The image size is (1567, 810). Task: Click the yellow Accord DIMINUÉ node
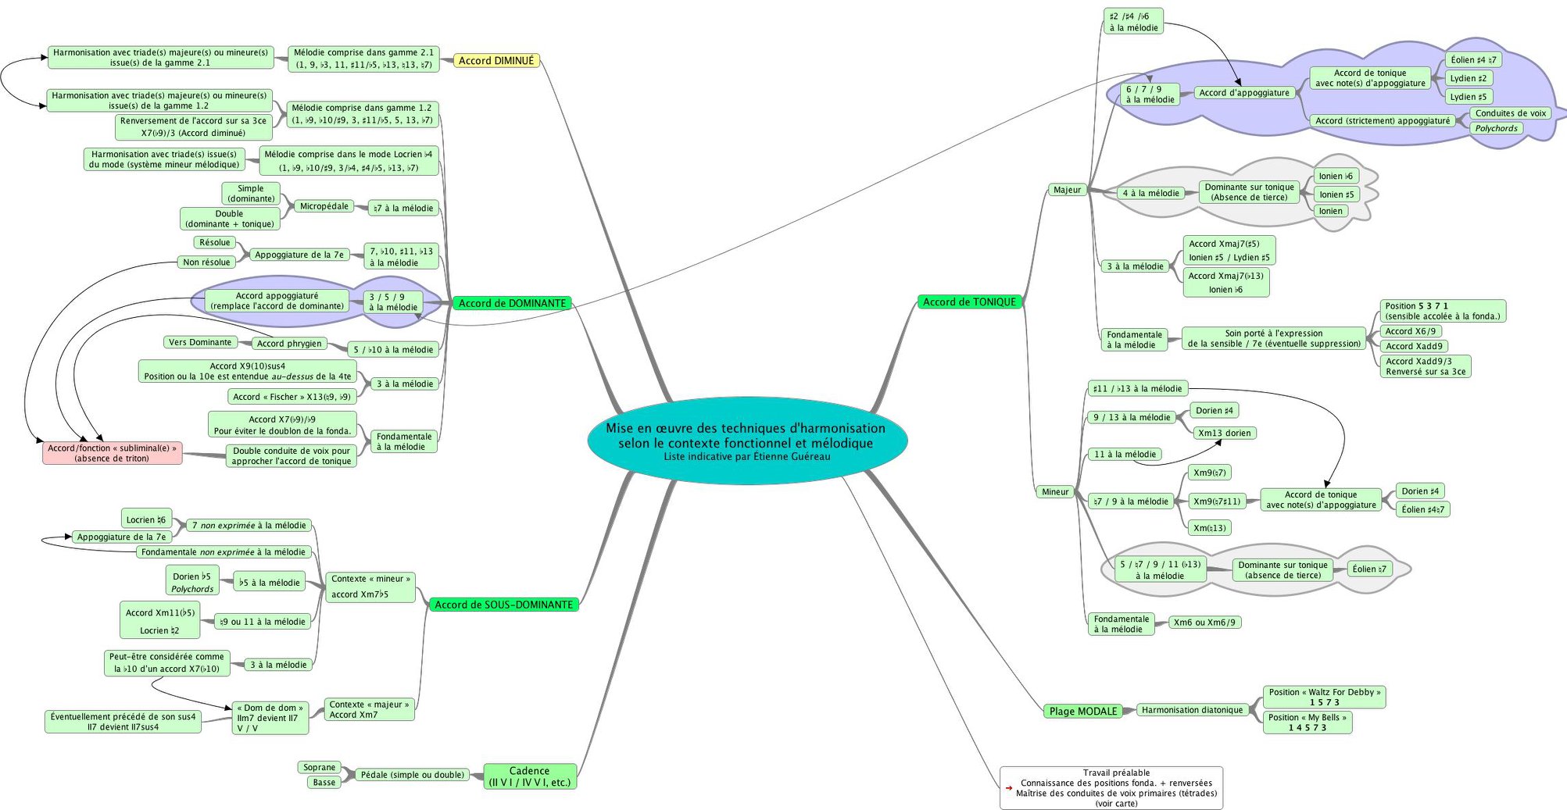(496, 61)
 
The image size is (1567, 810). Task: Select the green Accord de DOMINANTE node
(512, 303)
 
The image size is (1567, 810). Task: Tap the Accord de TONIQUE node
(969, 302)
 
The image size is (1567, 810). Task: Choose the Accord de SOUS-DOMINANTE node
(503, 605)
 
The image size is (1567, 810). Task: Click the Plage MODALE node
(1083, 711)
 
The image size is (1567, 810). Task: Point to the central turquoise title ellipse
(747, 441)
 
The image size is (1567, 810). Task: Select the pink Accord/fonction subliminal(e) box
(113, 453)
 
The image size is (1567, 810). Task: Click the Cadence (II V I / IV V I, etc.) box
(530, 776)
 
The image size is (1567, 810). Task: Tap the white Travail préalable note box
(1111, 788)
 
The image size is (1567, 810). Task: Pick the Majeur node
(1067, 190)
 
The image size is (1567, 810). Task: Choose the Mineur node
(1055, 492)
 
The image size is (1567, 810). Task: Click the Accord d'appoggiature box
(1244, 93)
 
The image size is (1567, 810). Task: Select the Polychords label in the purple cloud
(1496, 129)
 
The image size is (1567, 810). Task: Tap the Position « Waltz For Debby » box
(1324, 698)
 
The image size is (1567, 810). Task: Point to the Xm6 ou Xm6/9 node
(1204, 623)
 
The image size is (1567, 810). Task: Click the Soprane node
(320, 768)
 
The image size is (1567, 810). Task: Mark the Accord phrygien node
(289, 344)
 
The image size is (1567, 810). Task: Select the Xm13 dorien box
(1225, 434)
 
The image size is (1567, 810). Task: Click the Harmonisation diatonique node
(1192, 710)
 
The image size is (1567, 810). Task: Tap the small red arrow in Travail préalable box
(1009, 788)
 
